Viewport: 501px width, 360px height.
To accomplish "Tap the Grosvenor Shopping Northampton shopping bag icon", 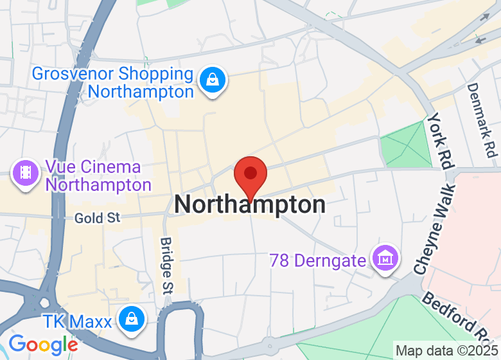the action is [211, 81].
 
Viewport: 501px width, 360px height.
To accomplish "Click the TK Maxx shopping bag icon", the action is [131, 318].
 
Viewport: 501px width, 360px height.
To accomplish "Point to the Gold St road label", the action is [98, 218].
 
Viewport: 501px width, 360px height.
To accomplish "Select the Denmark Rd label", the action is [482, 120].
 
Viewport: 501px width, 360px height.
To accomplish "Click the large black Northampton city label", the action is [250, 205].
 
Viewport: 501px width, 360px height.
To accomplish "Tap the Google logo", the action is [43, 345].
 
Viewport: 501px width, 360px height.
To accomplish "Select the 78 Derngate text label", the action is [318, 260].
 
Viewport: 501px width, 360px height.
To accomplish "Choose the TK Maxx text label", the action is [76, 321].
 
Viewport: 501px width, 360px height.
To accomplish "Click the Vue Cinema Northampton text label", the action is [98, 176].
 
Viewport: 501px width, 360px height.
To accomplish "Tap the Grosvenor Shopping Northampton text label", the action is [112, 82].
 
